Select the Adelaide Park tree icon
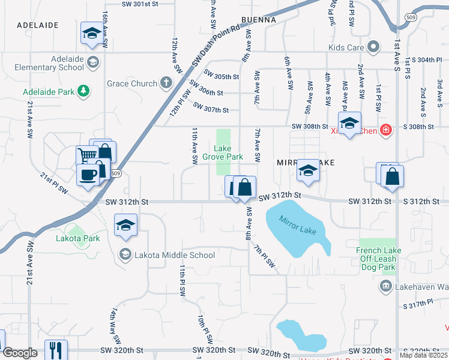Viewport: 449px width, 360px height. click(x=85, y=92)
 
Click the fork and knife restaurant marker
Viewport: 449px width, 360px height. click(x=56, y=349)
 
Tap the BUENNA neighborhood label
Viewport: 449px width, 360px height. click(x=258, y=20)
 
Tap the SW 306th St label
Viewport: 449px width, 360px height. click(x=208, y=93)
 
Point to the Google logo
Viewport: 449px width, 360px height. click(x=20, y=353)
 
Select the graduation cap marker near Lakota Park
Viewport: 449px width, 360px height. click(x=126, y=226)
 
